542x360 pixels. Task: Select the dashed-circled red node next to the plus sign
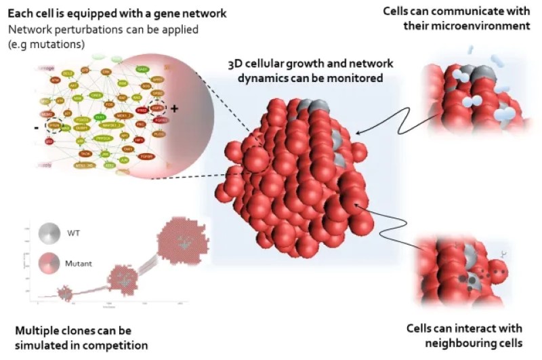pos(157,106)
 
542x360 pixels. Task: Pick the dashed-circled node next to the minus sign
pos(53,125)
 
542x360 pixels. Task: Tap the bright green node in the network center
pos(100,117)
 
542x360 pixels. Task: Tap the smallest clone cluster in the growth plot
pos(64,293)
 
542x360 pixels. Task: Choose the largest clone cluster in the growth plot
pos(180,242)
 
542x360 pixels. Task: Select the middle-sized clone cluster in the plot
pos(123,275)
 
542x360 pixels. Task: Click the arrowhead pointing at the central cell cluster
pos(355,134)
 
